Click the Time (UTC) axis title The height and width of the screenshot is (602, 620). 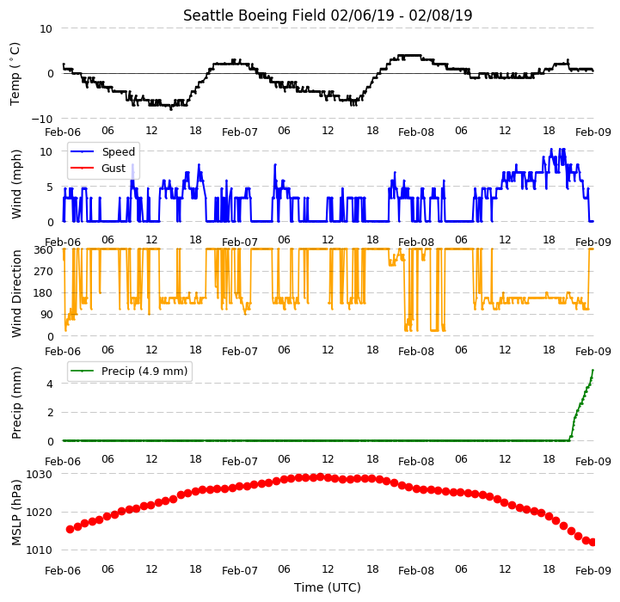pos(328,587)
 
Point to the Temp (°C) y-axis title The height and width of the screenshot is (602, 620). pos(15,74)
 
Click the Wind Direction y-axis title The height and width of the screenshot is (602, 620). pos(16,293)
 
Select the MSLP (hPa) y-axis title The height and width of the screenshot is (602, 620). pos(16,513)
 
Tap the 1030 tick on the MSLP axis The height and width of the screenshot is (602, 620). pos(40,474)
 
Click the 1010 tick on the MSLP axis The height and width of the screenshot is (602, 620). pos(40,550)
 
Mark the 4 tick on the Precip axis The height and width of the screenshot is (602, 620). pos(50,384)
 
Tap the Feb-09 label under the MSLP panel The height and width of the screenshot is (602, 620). pos(593,570)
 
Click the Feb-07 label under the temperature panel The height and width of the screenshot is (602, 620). pos(240,132)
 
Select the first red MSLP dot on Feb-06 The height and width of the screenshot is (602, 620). pos(70,529)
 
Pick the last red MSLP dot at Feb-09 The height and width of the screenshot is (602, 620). pos(592,543)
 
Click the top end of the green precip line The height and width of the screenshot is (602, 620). pos(592,370)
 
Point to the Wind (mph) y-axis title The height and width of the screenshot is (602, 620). pos(16,184)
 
